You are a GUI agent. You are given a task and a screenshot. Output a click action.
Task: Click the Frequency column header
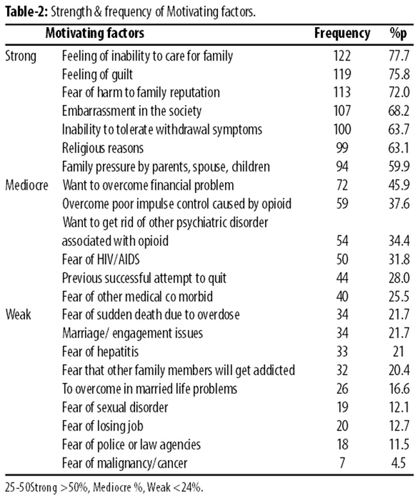click(342, 33)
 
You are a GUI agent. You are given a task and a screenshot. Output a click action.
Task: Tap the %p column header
click(398, 33)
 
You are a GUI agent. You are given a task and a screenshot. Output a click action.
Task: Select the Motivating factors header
click(95, 33)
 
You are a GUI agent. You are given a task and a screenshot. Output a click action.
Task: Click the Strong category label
click(21, 57)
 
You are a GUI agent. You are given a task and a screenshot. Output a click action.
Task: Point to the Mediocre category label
click(26, 185)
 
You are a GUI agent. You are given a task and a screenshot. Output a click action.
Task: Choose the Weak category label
click(18, 315)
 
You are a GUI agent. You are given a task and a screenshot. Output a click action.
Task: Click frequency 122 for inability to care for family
click(342, 56)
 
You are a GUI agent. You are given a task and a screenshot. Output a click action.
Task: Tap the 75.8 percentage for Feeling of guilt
click(399, 75)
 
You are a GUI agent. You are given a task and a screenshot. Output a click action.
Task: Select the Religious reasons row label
click(102, 149)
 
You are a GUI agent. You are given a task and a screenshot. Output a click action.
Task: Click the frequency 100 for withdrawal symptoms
click(342, 129)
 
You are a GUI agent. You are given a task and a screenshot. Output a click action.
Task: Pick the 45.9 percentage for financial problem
click(399, 185)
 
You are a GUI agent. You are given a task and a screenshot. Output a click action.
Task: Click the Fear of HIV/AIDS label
click(100, 259)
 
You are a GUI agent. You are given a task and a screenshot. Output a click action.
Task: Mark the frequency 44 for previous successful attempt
click(342, 278)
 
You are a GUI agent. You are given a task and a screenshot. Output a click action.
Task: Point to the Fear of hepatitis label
click(100, 352)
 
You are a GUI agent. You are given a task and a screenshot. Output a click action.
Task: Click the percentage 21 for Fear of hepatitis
click(398, 352)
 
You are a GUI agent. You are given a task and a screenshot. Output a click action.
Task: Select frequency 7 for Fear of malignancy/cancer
click(342, 463)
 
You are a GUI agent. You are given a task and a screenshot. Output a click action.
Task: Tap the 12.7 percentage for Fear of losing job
click(399, 426)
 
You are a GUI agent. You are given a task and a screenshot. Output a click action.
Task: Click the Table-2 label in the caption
click(26, 12)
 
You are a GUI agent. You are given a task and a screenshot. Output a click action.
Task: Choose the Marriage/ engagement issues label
click(132, 333)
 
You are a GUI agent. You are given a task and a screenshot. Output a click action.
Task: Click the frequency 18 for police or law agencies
click(342, 445)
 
